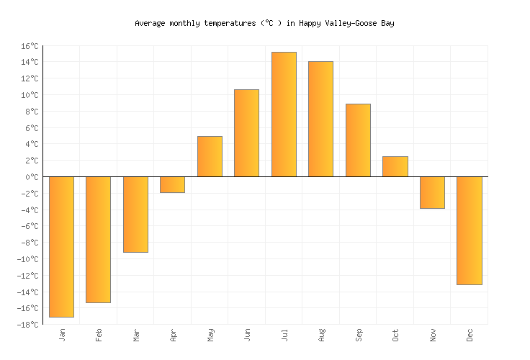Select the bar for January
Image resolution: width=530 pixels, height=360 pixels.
click(x=61, y=246)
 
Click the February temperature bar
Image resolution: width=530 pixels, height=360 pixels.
click(x=98, y=239)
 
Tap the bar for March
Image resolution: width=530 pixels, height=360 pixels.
click(x=135, y=214)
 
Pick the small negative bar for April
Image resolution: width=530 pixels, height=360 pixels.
click(x=172, y=184)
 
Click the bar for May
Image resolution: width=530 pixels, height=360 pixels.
click(x=210, y=156)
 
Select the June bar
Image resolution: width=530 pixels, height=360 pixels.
click(x=246, y=133)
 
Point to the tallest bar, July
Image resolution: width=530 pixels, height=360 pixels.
click(x=284, y=114)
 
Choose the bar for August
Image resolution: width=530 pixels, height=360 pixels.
click(x=320, y=119)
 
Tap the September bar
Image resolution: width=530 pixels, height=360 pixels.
click(x=358, y=140)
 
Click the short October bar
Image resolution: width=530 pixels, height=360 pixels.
click(x=395, y=166)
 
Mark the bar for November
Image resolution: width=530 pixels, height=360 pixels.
click(x=432, y=192)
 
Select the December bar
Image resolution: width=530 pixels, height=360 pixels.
click(x=469, y=230)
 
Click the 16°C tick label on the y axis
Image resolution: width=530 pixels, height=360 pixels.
click(x=29, y=46)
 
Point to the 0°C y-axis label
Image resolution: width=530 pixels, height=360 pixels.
click(x=31, y=177)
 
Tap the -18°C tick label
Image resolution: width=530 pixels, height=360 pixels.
click(x=27, y=325)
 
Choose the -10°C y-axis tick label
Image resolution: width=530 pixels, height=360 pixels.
click(x=27, y=259)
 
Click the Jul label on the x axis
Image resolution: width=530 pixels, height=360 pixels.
click(x=284, y=336)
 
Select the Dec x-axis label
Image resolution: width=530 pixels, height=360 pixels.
click(x=470, y=336)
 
